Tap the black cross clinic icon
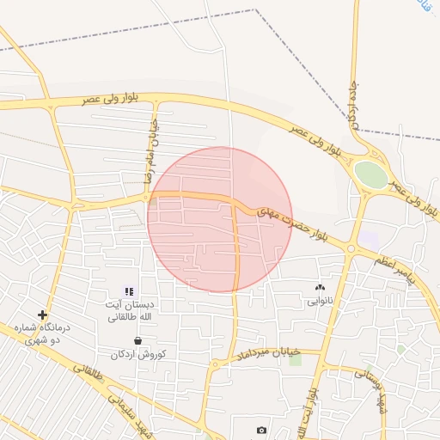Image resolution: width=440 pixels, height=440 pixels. point(43,315)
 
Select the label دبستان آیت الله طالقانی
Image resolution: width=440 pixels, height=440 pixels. point(128,310)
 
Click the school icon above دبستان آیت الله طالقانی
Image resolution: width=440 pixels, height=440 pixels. point(129,292)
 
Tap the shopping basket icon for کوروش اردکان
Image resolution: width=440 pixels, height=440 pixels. point(137,340)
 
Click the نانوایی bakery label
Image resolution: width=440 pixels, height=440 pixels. point(320,302)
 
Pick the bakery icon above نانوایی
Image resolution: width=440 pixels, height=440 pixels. point(320,288)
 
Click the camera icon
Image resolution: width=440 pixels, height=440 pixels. point(261,430)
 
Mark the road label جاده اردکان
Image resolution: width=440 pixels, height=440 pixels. point(353,107)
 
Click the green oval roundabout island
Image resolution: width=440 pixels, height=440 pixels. point(370,174)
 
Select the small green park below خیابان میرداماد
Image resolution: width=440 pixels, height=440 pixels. point(296,360)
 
